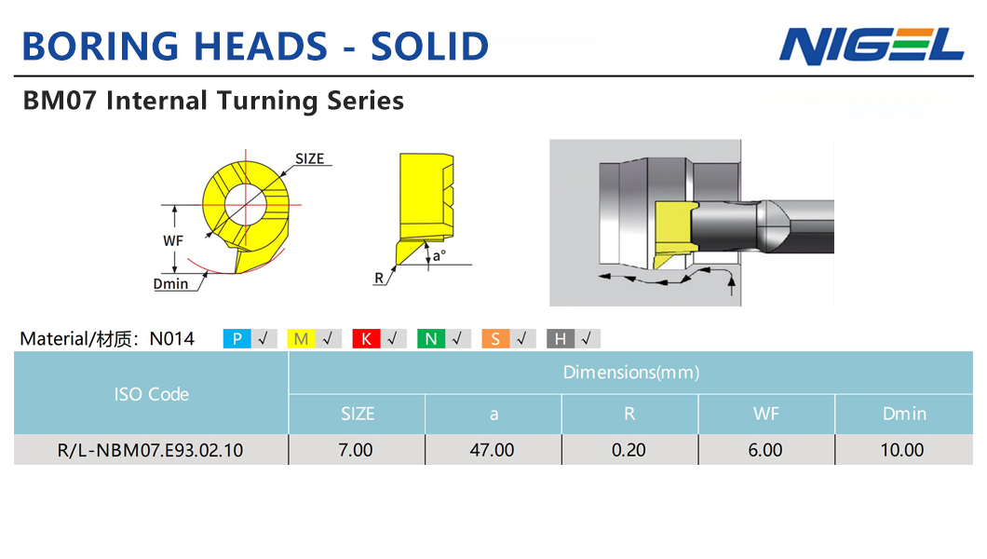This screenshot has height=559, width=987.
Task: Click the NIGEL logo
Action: (872, 46)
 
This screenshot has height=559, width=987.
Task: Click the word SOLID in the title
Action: (429, 46)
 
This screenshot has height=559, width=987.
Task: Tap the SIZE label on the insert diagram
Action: (310, 158)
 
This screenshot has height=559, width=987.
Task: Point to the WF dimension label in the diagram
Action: (173, 240)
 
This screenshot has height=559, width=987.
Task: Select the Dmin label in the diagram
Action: (170, 284)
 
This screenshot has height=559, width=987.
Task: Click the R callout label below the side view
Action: (379, 278)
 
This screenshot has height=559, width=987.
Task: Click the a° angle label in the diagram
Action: (439, 255)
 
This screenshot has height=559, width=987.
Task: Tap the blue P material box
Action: (237, 339)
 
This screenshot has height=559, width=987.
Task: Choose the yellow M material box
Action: (301, 339)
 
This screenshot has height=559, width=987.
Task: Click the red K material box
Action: (366, 339)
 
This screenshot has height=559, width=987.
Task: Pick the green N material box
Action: (431, 339)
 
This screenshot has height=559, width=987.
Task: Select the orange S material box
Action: (495, 339)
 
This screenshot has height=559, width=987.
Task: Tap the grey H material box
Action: (561, 339)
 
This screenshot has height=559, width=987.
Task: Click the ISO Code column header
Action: (151, 394)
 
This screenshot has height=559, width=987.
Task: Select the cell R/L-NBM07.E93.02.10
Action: (151, 450)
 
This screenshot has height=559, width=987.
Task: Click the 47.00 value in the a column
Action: (493, 450)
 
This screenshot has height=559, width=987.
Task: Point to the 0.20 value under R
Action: (629, 450)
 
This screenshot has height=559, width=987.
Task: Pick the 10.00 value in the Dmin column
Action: (902, 450)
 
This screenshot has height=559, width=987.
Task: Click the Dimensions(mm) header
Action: (631, 372)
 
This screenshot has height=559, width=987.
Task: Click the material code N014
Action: (172, 339)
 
